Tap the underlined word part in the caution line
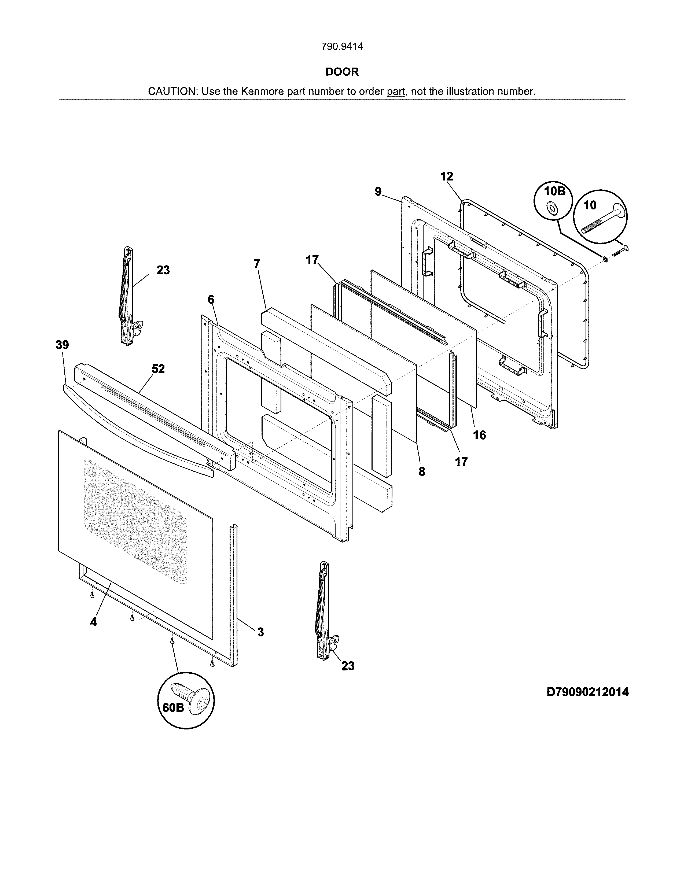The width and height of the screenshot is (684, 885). pos(396,91)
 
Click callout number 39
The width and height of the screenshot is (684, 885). pos(62,345)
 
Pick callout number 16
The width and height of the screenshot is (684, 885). pos(479,435)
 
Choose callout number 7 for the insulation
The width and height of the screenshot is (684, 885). pos(257,264)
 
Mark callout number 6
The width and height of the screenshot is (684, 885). pos(211,300)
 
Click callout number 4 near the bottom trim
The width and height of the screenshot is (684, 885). pos(94,622)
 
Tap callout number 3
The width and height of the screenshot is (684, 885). pos(260,632)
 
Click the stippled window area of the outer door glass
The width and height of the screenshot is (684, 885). pos(136,521)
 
